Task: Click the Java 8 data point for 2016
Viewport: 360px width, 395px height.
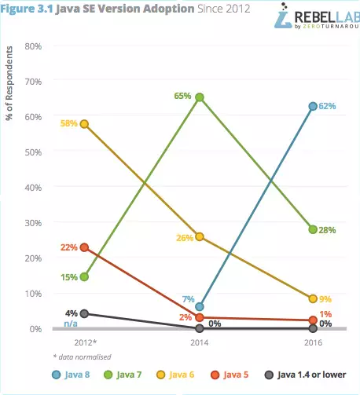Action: (313, 106)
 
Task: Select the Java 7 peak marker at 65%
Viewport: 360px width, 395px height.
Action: (200, 97)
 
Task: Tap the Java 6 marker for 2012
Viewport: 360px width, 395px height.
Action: (84, 124)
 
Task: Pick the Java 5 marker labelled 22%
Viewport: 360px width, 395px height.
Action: (84, 247)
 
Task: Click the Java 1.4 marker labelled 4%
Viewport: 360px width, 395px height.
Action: (84, 313)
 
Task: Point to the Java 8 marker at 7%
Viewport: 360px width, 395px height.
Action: (200, 306)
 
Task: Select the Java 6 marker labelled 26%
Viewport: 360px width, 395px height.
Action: (200, 237)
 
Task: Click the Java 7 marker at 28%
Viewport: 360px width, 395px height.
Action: (313, 229)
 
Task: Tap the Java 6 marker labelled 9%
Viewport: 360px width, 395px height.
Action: (313, 298)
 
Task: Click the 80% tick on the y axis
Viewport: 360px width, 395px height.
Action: (33, 46)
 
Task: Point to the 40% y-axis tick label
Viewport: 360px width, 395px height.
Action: (33, 188)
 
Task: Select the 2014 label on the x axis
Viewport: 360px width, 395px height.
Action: (200, 342)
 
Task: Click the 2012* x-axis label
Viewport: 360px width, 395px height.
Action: (86, 342)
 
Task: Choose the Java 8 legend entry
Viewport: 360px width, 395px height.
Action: (71, 375)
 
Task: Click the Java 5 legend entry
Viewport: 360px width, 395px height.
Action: (230, 375)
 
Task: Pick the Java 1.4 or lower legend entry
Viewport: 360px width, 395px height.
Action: (305, 375)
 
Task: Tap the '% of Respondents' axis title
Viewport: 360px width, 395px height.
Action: (9, 83)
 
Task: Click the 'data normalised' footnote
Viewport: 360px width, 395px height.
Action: (83, 357)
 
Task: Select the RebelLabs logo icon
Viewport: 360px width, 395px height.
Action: (283, 16)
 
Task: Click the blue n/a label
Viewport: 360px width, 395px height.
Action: (71, 324)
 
